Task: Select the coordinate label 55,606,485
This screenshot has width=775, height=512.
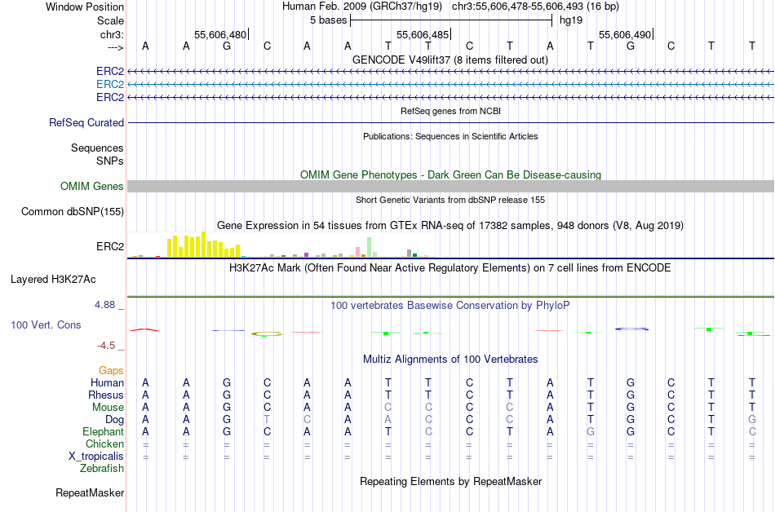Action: [x=423, y=34]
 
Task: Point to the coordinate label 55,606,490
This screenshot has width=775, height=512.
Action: [x=625, y=34]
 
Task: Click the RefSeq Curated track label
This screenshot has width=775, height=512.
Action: [x=86, y=122]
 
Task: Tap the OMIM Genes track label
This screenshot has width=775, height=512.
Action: [x=92, y=187]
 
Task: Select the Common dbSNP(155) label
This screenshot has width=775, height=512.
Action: [x=73, y=212]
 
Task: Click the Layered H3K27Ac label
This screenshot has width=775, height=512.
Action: [x=53, y=279]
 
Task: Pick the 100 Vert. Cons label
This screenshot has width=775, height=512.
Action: [x=46, y=324]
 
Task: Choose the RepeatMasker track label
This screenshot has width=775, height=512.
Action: [x=90, y=492]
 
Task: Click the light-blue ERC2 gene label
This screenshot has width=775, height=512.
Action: [x=110, y=84]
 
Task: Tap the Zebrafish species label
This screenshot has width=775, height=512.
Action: [x=102, y=469]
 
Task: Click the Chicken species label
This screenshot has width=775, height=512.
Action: [x=104, y=444]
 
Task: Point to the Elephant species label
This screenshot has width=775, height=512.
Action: [x=103, y=432]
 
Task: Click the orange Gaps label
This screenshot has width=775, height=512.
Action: [x=111, y=371]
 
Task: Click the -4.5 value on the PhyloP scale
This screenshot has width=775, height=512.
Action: [x=107, y=346]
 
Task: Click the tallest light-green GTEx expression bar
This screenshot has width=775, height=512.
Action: [x=370, y=247]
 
